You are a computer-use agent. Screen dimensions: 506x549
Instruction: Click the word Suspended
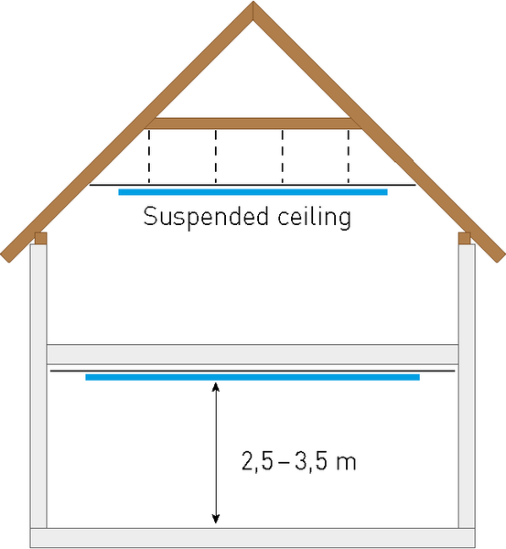[x=206, y=218]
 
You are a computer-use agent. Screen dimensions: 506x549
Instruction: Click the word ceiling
[x=314, y=218]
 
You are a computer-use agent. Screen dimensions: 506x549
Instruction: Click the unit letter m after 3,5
[x=346, y=463]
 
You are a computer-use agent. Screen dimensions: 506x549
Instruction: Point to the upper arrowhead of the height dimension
[x=216, y=386]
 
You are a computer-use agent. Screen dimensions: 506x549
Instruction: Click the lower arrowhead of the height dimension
[x=216, y=519]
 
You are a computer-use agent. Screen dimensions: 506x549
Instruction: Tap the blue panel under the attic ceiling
[x=253, y=192]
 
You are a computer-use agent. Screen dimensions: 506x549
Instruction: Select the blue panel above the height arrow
[x=253, y=377]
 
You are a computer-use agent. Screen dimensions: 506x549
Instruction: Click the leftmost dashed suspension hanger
[x=149, y=156]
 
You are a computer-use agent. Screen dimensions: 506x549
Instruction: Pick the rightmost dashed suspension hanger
[x=348, y=156]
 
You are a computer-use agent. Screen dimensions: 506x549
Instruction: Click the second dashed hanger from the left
[x=216, y=156]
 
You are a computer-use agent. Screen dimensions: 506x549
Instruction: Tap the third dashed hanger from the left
[x=282, y=156]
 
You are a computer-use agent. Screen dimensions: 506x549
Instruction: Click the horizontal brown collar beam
[x=253, y=124]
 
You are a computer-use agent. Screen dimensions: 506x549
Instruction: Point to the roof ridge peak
[x=253, y=2]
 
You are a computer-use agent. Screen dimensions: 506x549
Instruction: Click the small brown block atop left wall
[x=40, y=238]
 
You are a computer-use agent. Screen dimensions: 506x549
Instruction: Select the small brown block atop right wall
[x=465, y=238]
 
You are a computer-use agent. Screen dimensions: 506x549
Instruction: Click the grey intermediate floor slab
[x=253, y=354]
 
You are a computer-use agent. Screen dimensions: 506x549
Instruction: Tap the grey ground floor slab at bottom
[x=253, y=538]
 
